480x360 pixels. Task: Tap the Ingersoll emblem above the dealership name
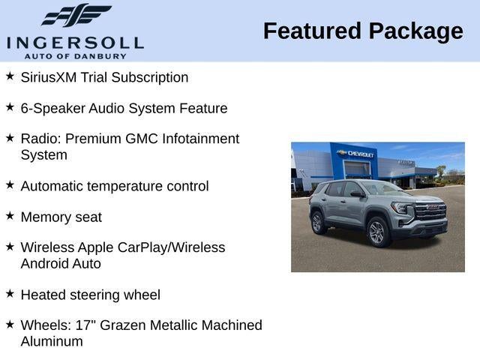click(76, 15)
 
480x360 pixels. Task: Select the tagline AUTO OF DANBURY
click(75, 55)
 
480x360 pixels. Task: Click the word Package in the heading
click(416, 31)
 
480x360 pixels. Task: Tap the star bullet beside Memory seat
click(10, 215)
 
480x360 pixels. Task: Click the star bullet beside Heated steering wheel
click(10, 293)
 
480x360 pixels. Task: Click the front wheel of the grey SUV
click(376, 232)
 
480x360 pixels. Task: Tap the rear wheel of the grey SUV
click(316, 223)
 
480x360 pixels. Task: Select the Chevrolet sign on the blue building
click(358, 154)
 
